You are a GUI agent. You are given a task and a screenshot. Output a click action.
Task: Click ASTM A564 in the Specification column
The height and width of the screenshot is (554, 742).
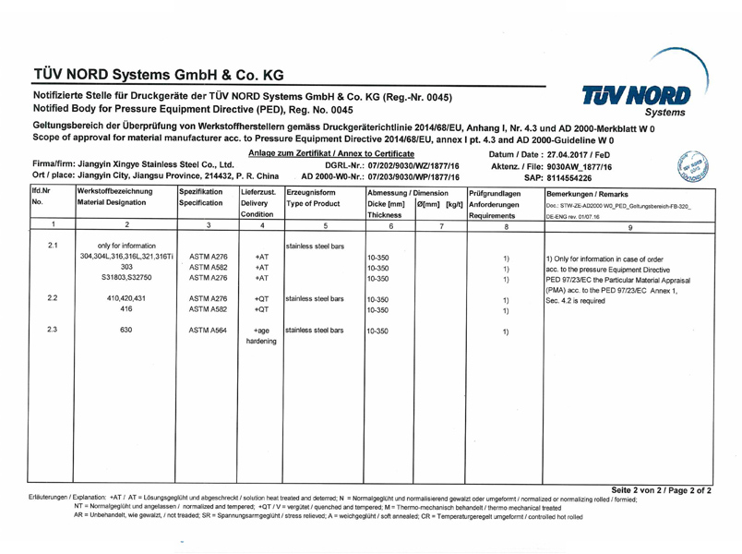(201, 330)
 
